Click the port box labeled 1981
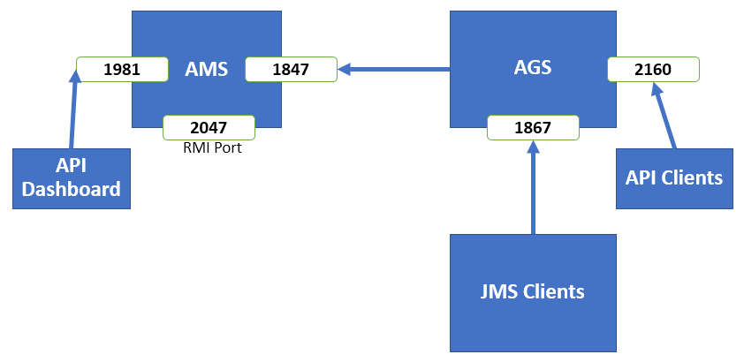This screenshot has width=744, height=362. (122, 70)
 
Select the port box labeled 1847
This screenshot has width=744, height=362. (291, 70)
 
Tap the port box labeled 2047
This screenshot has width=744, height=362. (209, 127)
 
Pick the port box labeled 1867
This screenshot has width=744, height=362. (534, 127)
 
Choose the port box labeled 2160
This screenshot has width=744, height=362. (653, 70)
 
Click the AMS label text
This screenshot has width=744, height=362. (207, 69)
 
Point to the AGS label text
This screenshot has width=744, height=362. (533, 67)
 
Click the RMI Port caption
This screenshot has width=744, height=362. (212, 148)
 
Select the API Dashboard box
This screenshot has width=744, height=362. (72, 178)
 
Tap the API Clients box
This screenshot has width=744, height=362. (674, 178)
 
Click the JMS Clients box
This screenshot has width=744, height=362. (533, 293)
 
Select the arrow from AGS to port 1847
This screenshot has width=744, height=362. (394, 70)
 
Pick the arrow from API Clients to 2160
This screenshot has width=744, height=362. (664, 116)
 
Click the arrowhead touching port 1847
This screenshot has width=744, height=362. (344, 70)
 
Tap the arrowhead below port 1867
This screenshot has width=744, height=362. (533, 147)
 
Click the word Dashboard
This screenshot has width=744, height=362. (72, 190)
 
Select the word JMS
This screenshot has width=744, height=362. (498, 291)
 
